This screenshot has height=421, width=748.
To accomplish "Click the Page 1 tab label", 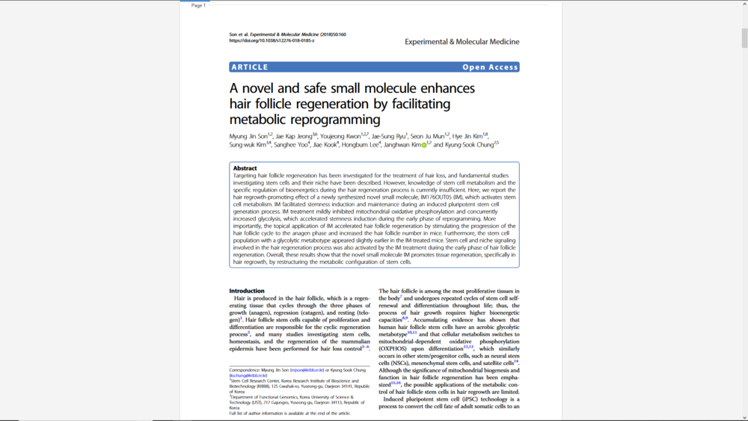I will pos(198,5).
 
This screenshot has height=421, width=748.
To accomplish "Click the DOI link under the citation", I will pos(272,40).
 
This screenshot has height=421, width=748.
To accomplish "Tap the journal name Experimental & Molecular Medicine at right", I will pos(462,42).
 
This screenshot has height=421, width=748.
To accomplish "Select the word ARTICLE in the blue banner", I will pos(250,67).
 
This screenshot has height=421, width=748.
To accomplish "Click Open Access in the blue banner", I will pos(490,67).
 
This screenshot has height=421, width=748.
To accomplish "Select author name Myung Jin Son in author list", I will pos(248,137).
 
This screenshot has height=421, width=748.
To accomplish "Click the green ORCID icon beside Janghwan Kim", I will pos(424,145).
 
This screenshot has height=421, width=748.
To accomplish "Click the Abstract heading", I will pos(245,168).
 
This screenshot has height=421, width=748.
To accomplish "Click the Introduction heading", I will pos(246,291).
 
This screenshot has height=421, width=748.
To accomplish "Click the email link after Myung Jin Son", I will pos(307,369).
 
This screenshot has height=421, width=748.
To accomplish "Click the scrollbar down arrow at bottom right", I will pos(744,417).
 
